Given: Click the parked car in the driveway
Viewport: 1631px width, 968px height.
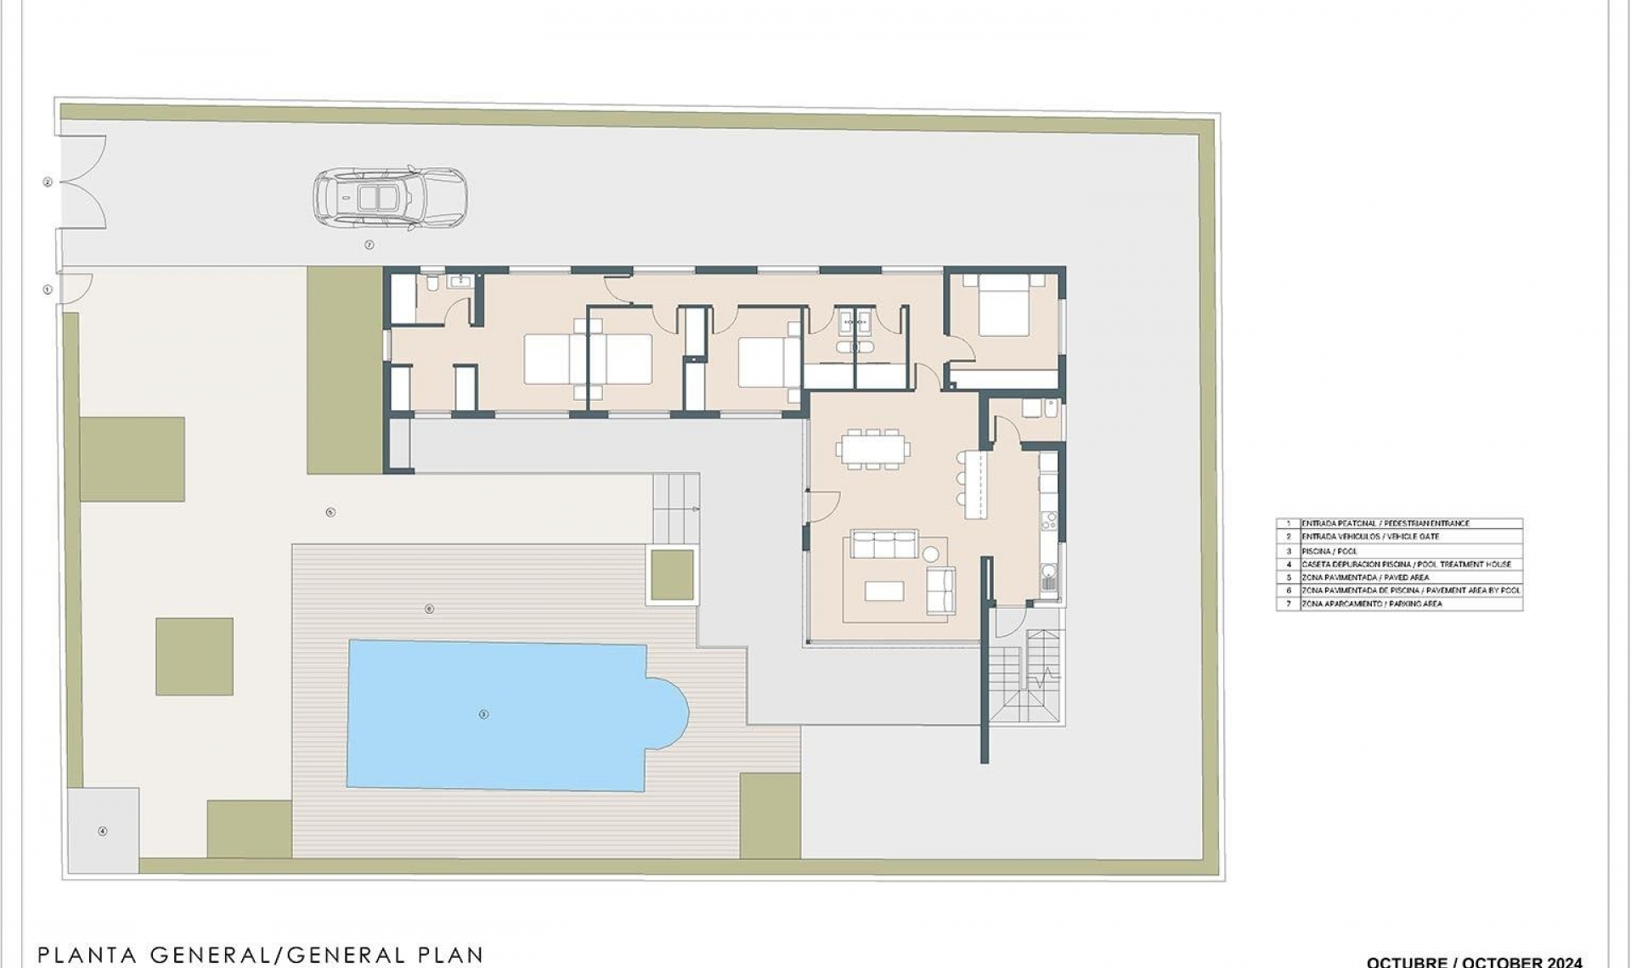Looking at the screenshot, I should (390, 198).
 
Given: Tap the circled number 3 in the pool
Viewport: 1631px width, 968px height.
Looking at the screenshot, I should (483, 714).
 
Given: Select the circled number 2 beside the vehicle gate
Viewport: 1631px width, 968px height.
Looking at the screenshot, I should (48, 182).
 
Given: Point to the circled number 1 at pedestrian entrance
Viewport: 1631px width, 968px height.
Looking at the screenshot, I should (48, 290).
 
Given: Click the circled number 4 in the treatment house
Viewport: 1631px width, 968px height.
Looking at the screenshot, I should (103, 831).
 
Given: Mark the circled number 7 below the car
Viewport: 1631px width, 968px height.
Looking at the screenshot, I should (369, 245).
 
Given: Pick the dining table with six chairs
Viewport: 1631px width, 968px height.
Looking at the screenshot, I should (872, 449).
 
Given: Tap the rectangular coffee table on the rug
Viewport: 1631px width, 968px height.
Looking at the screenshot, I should (883, 590).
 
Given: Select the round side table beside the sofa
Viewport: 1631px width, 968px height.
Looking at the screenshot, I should (931, 555).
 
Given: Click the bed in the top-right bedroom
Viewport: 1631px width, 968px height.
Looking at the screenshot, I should (1004, 306).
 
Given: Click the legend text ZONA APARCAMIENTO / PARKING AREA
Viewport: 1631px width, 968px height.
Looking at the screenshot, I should (1371, 604).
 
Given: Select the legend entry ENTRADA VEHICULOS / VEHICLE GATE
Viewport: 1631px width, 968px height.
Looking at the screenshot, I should (1369, 537).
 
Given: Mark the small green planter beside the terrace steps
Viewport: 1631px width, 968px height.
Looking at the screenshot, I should (672, 575).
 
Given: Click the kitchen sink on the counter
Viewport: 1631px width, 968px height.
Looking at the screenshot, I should (1050, 582).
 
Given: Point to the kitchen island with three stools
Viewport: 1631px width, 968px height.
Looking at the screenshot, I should (975, 484).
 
